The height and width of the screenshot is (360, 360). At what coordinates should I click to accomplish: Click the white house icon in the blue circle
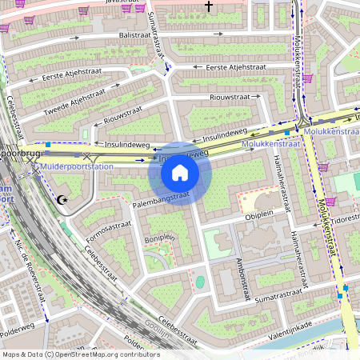180,172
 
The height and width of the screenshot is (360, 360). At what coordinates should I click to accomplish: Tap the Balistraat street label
135,35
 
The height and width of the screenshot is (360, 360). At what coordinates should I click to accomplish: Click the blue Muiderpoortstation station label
77,166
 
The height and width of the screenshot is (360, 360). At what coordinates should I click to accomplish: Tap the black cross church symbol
210,6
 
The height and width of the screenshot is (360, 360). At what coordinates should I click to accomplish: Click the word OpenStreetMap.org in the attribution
106,354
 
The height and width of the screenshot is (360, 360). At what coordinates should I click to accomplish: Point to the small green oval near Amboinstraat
199,282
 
